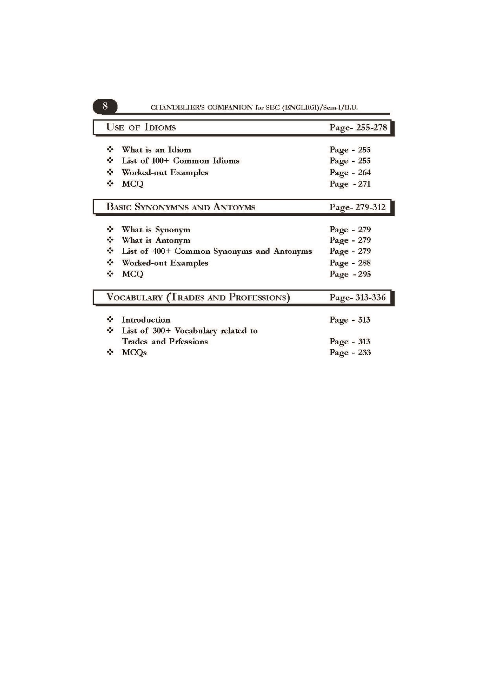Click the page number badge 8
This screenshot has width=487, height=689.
[x=105, y=106]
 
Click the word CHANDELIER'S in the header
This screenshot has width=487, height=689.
[x=177, y=107]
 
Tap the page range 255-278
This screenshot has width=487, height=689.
[x=371, y=127]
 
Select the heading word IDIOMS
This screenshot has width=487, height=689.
[x=160, y=127]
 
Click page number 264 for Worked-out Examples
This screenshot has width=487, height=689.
[x=364, y=172]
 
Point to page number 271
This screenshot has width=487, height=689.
[x=364, y=184]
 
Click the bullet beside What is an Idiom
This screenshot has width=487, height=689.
[x=110, y=150]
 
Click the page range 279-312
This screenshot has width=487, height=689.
[x=370, y=207]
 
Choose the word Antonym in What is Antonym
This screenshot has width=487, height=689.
[x=173, y=240]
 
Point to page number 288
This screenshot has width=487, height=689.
[x=364, y=263]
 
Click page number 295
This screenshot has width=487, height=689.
[x=364, y=274]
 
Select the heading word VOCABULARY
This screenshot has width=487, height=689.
[x=134, y=298]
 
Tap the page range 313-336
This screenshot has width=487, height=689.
[x=370, y=298]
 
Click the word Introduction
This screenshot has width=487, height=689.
[x=146, y=320]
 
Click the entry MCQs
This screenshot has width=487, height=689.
[x=134, y=352]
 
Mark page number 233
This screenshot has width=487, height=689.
[x=364, y=352]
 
